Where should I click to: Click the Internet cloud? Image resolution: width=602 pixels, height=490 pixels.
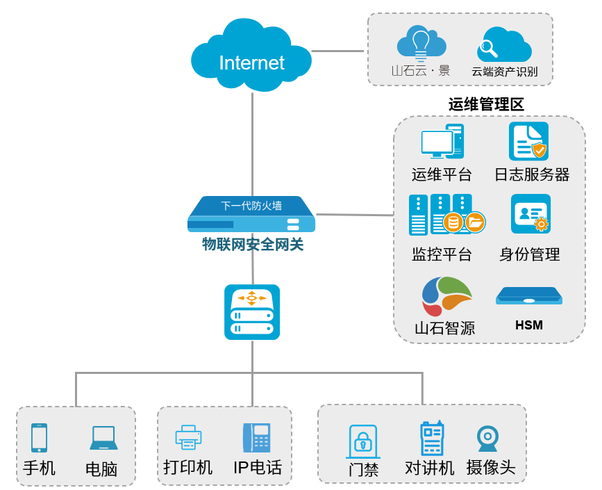coord(251,58)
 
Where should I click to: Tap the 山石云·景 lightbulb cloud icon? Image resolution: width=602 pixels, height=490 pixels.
coord(421,44)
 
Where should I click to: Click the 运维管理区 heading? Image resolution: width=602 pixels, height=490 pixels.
coord(486,104)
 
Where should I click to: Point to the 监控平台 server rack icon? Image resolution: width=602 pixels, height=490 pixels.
coord(444,215)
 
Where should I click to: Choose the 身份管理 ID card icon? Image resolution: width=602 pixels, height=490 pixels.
coord(531,214)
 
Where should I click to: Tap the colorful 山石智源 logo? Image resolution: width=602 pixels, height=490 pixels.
coord(447,295)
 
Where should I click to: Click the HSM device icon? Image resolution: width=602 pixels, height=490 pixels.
coord(529,295)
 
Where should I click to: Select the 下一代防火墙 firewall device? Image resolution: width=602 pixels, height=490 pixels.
coord(251,214)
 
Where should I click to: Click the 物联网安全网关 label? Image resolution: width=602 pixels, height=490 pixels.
coord(253,245)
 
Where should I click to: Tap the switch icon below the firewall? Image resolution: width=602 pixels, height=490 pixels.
coord(252,312)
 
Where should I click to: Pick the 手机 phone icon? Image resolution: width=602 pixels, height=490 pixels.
coord(39,438)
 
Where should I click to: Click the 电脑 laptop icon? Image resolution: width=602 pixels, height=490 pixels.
coord(103,438)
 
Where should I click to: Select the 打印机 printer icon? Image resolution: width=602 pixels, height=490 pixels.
coord(188,437)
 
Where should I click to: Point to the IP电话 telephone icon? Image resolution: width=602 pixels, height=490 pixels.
coord(256,437)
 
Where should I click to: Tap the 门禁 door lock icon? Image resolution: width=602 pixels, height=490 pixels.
coord(362,441)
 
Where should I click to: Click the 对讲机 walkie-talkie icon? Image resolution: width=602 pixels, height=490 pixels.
coord(431,439)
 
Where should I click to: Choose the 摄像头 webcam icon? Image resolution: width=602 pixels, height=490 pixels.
coord(487,439)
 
